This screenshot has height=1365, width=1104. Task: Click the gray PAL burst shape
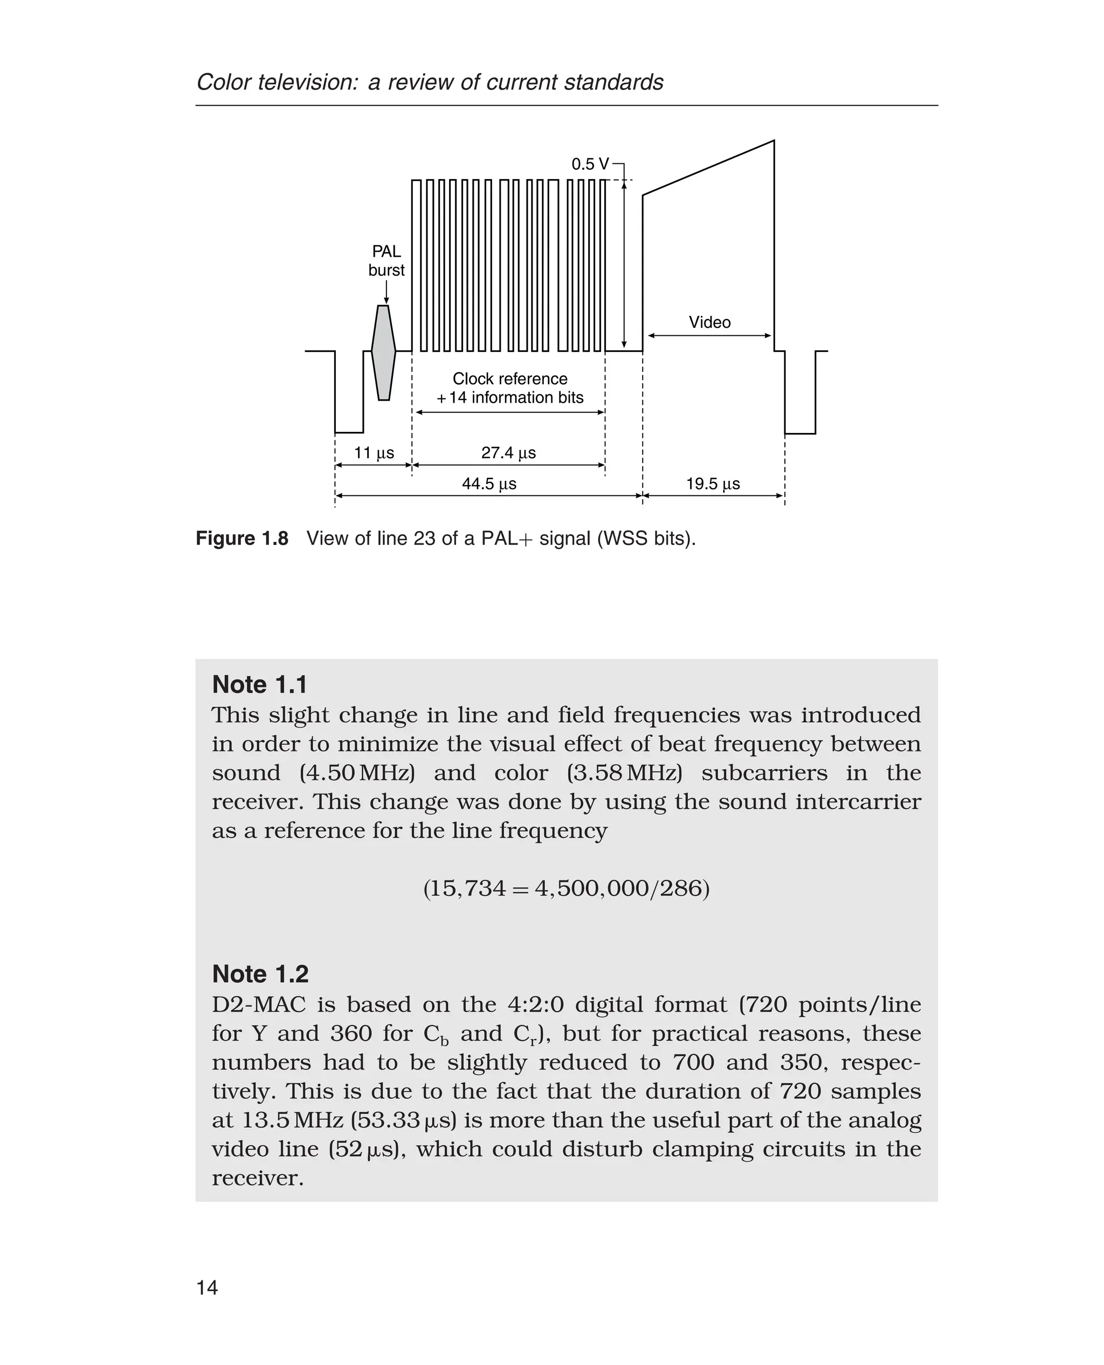[x=383, y=353]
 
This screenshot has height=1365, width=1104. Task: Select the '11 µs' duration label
[x=374, y=453]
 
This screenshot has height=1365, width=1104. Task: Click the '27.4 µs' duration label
[x=508, y=453]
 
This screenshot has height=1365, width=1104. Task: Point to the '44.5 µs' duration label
[x=488, y=484]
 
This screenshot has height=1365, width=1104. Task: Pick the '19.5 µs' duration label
[x=712, y=484]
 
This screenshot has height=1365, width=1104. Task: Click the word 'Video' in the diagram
[x=710, y=322]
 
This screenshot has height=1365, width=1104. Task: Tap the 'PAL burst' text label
[x=386, y=261]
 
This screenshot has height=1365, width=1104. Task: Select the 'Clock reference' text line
[x=509, y=379]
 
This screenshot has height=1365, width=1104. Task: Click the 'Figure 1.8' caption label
[x=241, y=539]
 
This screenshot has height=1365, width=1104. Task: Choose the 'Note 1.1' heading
[x=259, y=685]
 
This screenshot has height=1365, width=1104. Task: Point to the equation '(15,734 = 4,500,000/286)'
[x=566, y=888]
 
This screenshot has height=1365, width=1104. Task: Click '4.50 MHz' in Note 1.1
[x=357, y=773]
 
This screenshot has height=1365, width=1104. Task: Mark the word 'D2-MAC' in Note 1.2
[x=258, y=1005]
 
